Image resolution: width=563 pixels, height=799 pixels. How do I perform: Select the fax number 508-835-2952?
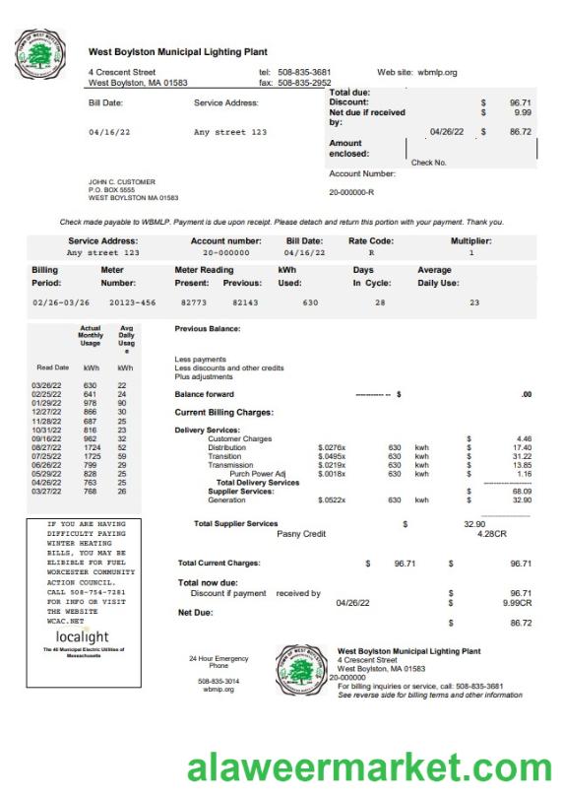click(x=304, y=84)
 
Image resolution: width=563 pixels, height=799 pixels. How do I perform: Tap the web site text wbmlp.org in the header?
click(x=438, y=72)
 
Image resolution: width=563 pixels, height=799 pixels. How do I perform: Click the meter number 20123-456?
click(x=132, y=302)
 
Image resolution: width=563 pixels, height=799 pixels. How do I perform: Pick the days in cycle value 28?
click(x=380, y=302)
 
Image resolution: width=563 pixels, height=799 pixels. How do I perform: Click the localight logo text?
click(x=83, y=637)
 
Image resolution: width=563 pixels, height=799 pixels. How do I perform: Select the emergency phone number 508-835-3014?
click(x=218, y=681)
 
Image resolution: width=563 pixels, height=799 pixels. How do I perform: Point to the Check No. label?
click(x=428, y=163)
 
